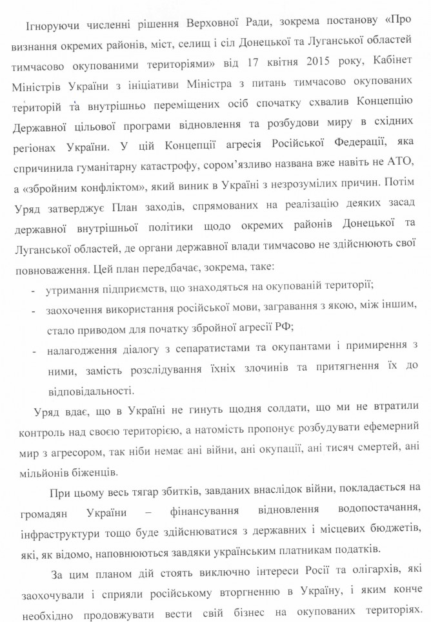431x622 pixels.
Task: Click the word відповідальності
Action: coord(89,390)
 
